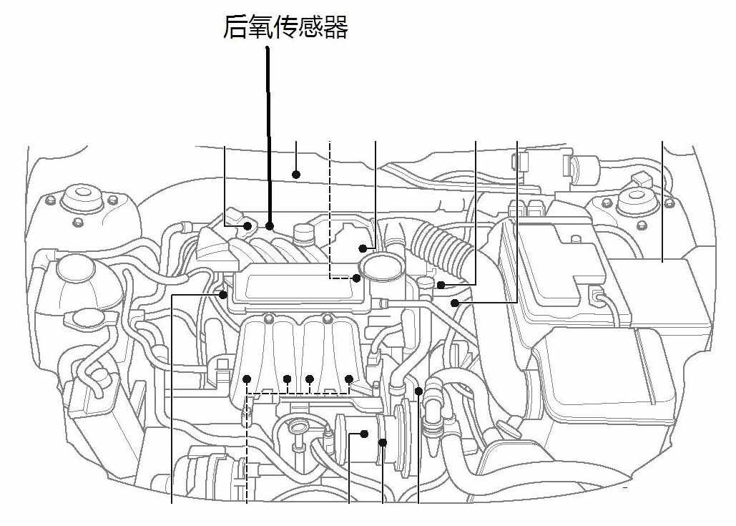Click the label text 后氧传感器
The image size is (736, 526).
click(x=285, y=26)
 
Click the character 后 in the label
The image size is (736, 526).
click(x=235, y=26)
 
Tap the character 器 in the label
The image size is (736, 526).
click(x=335, y=26)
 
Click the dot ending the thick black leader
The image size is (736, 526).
click(x=270, y=226)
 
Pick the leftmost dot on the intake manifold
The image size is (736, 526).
click(x=247, y=379)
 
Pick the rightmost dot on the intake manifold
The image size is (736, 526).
click(x=348, y=379)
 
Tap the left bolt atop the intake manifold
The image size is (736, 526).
click(x=268, y=319)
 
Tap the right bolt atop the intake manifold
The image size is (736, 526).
click(x=327, y=319)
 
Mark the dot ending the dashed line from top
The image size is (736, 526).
click(x=356, y=278)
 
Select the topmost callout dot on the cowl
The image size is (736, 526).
click(x=295, y=175)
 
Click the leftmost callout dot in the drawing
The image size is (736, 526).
click(x=223, y=295)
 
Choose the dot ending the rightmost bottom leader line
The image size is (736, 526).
click(x=418, y=391)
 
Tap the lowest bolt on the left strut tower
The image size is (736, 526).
click(x=79, y=222)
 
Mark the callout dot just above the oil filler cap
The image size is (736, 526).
click(x=363, y=248)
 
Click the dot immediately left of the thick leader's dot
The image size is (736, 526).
click(x=247, y=226)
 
